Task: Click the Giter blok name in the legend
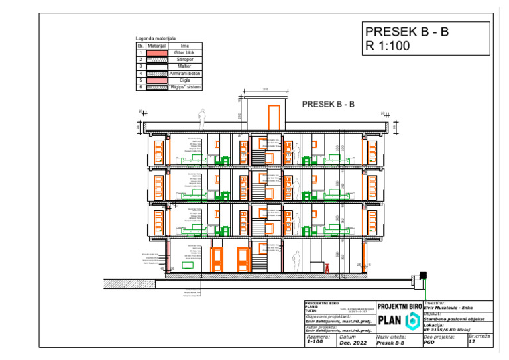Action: pos(184,52)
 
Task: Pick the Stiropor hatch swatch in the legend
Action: pos(157,60)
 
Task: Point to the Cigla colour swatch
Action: pos(157,80)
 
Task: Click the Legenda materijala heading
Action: pos(156,39)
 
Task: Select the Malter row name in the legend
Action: pos(184,66)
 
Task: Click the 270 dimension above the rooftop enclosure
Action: pos(265,89)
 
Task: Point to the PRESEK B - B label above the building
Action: pos(329,104)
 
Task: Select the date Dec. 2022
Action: pos(353,343)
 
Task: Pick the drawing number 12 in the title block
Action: pos(472,342)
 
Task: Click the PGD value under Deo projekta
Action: pos(429,343)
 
